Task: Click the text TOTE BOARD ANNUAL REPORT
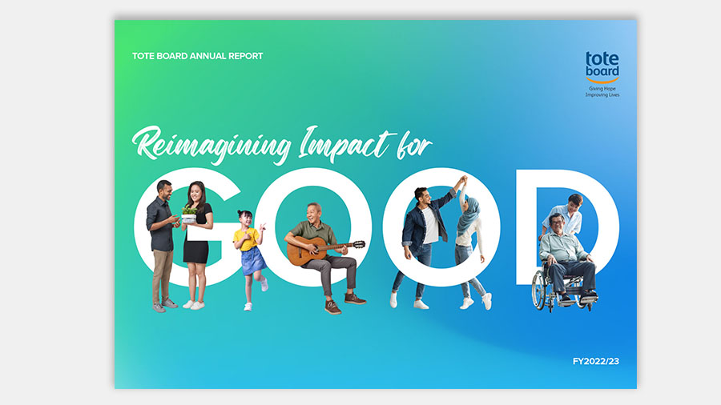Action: coord(197,56)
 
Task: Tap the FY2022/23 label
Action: coord(595,361)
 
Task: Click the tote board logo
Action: coord(602,67)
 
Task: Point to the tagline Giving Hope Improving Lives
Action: coord(602,92)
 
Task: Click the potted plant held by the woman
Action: coord(189,215)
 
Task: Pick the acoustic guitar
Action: coord(322,251)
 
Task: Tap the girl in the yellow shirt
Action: coord(251,259)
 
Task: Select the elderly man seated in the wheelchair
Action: coord(567,257)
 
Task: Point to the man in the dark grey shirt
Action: coord(161,246)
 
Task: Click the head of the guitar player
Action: coord(315,212)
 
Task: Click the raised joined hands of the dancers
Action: coord(462,180)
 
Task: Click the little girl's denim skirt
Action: coord(253,261)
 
